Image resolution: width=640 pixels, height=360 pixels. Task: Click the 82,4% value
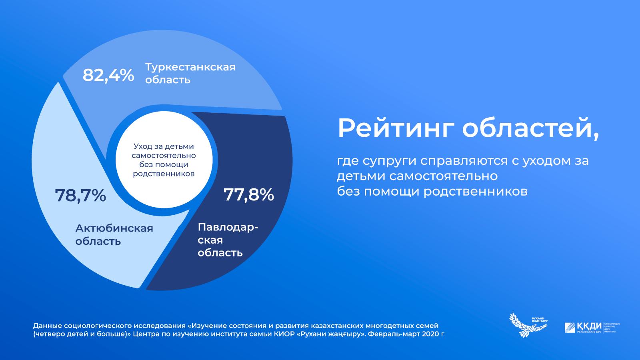pos(108,75)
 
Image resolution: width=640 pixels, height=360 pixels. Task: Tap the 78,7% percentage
pos(80,196)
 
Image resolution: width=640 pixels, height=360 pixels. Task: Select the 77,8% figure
pos(248,194)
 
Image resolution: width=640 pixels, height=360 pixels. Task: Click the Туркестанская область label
pos(190,73)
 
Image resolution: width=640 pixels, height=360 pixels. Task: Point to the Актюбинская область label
pos(114,235)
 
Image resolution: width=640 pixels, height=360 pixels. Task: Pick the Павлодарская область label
pos(227,240)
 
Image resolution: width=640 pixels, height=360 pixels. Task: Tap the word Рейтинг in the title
pos(396,128)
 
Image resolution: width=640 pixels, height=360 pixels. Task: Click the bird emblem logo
pos(527,325)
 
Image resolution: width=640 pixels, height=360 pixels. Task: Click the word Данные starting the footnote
pos(47,326)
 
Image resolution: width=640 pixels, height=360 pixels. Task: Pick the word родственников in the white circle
pos(164,174)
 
